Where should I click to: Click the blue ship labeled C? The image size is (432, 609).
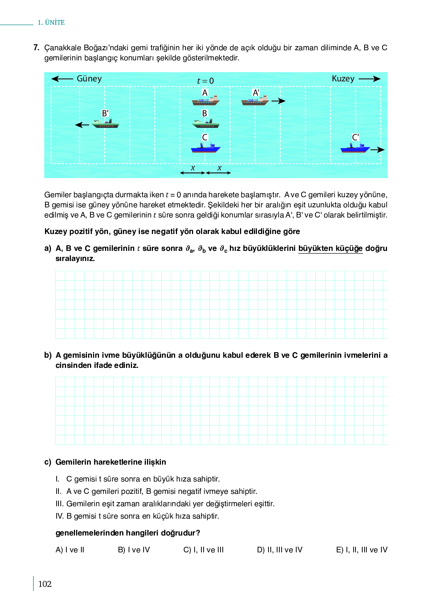[205, 148]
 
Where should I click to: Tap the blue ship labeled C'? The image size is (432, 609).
[355, 148]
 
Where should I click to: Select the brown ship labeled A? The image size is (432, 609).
[205, 101]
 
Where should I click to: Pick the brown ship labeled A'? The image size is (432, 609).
[255, 101]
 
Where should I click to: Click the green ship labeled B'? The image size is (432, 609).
[105, 124]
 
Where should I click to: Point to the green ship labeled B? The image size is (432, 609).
[205, 124]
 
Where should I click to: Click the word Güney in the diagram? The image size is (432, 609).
[89, 79]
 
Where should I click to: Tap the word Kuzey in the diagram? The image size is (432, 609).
[343, 79]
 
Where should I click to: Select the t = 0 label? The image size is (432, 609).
[205, 81]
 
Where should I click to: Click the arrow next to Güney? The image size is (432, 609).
[62, 79]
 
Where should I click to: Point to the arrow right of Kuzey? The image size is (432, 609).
[369, 79]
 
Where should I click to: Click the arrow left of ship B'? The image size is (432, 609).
[82, 125]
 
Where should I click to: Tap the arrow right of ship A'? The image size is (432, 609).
[278, 101]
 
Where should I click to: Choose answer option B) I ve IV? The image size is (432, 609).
[134, 550]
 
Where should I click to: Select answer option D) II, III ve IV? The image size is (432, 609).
[280, 550]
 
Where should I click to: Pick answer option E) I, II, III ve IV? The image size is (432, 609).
[362, 550]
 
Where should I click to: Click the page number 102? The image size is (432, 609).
[45, 584]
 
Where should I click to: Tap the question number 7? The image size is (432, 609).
[36, 48]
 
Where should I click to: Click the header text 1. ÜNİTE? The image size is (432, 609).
[51, 22]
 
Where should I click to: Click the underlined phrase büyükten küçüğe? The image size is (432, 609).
[330, 248]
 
